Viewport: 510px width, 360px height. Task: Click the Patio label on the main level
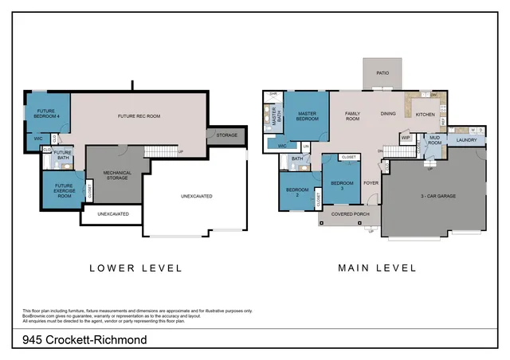coord(382,72)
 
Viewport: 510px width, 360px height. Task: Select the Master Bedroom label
coord(308,116)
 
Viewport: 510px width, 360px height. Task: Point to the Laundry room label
coord(466,141)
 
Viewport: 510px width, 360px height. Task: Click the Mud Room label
coord(434,140)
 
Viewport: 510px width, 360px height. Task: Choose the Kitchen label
coord(426,114)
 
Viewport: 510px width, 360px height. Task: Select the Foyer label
coord(371,182)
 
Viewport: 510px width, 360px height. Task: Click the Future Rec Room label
coord(139,116)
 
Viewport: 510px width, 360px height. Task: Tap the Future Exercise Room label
coord(62,191)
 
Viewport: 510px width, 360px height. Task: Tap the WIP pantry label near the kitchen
coord(406,138)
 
